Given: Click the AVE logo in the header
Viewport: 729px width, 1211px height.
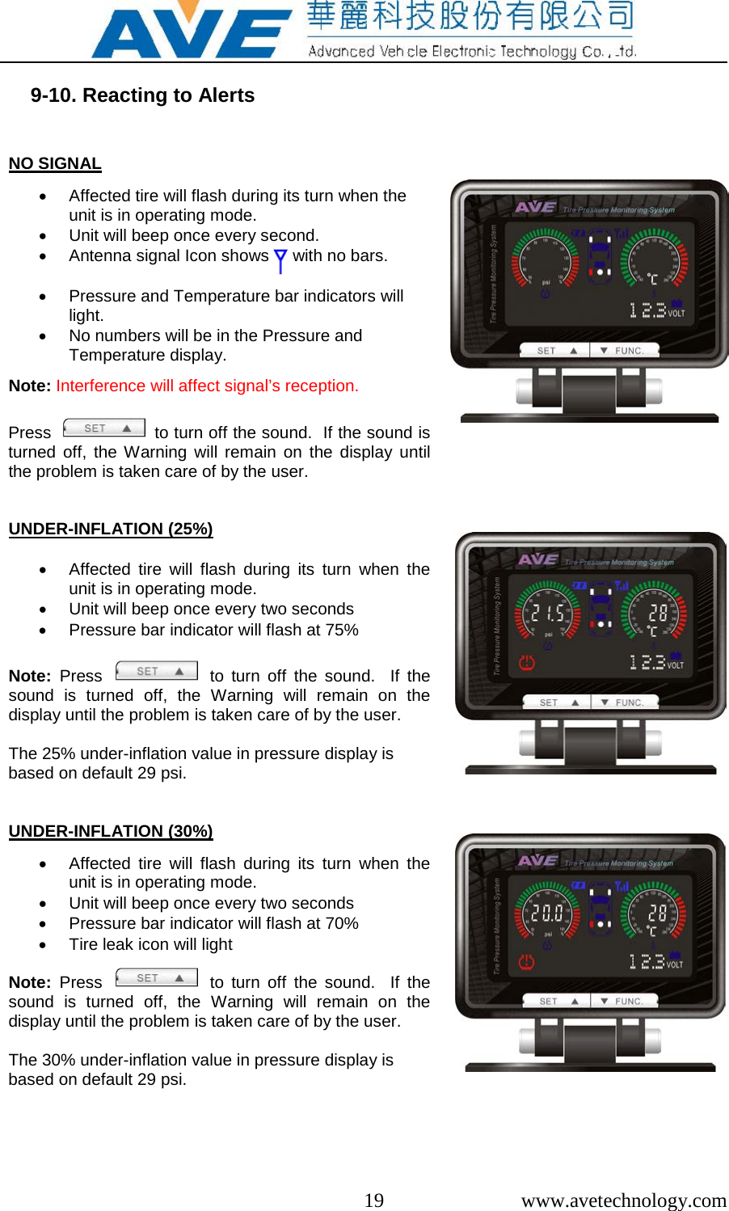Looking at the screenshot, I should pyautogui.click(x=191, y=33).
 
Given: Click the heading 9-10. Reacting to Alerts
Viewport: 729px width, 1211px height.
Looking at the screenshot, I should pyautogui.click(x=142, y=95).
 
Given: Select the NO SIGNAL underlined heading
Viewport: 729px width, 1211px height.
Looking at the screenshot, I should pyautogui.click(x=55, y=163).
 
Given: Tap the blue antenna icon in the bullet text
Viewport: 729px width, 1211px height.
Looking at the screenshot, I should pyautogui.click(x=280, y=260).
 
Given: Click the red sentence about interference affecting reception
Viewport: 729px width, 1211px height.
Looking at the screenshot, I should pyautogui.click(x=207, y=386).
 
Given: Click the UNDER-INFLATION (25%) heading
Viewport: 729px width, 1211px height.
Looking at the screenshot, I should pyautogui.click(x=111, y=529).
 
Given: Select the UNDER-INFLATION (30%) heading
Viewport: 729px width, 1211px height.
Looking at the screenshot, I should pyautogui.click(x=111, y=831).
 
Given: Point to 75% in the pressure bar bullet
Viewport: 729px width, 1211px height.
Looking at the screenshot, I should pyautogui.click(x=342, y=630).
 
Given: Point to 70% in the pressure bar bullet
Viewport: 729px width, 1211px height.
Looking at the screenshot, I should pyautogui.click(x=342, y=923).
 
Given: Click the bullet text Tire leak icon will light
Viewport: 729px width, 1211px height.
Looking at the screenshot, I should pyautogui.click(x=150, y=944).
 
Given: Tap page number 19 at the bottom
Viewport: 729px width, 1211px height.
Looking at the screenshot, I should pyautogui.click(x=373, y=1200).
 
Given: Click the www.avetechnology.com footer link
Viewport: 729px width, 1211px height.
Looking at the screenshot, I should pyautogui.click(x=623, y=1200).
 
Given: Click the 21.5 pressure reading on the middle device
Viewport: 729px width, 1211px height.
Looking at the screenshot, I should pyautogui.click(x=547, y=614).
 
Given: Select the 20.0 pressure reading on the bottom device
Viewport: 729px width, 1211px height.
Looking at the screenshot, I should pyautogui.click(x=547, y=914).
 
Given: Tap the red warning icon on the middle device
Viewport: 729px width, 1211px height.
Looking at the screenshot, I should pyautogui.click(x=527, y=663).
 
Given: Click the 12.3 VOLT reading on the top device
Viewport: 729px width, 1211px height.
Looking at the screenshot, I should pyautogui.click(x=655, y=310).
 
